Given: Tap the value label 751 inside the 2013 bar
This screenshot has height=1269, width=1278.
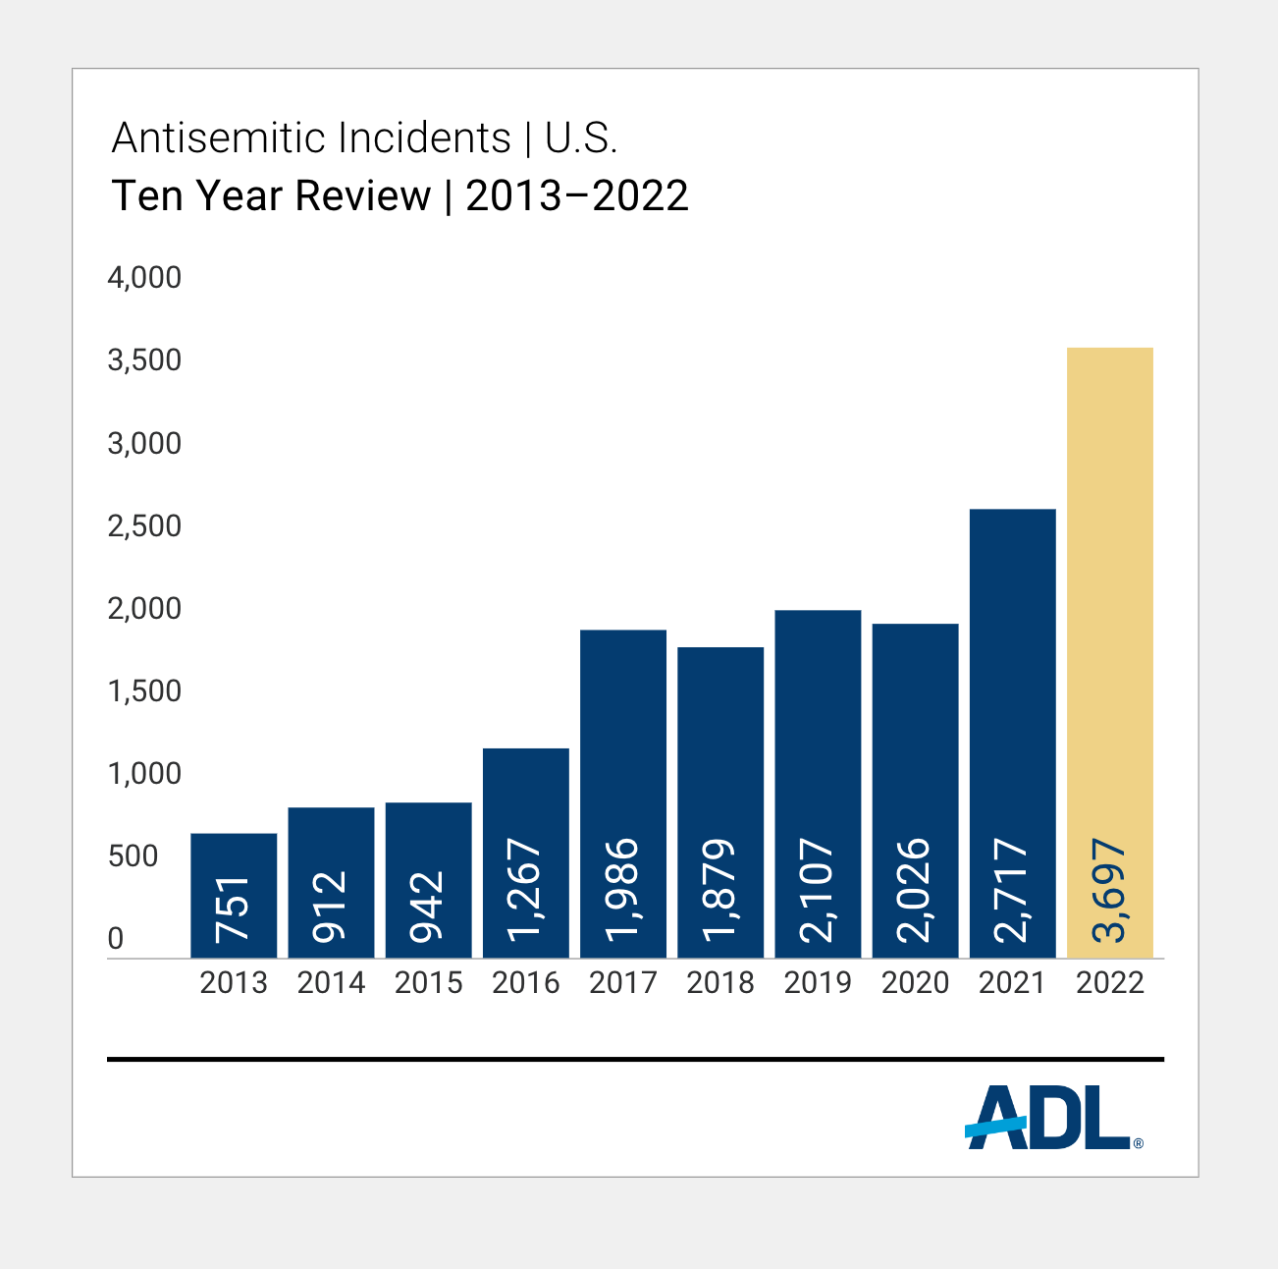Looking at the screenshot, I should pos(234,910).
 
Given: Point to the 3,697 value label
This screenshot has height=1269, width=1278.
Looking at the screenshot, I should pos(1109,890).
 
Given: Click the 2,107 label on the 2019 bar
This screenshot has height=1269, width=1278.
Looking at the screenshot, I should pos(818,890).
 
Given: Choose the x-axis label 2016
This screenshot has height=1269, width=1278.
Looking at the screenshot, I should pos(526,983).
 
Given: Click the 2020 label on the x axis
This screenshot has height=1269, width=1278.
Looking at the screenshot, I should pos(915,983).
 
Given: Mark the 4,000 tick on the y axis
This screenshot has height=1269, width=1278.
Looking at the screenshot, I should pos(144,278).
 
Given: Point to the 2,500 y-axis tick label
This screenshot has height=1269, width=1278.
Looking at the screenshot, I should pos(144,526).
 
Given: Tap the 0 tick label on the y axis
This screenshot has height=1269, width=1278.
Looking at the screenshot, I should pos(116,940).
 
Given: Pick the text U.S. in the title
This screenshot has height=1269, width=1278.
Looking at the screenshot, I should pos(581,138).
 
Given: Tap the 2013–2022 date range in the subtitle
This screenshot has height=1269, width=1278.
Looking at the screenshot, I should pos(577,196).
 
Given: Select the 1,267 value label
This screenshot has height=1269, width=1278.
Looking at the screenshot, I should pos(526,890).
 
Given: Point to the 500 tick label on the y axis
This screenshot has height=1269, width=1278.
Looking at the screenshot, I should pos(133,856).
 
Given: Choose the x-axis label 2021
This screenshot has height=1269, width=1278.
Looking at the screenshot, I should pos(1012,983).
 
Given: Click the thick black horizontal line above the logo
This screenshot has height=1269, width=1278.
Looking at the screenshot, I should pos(635,1060).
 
